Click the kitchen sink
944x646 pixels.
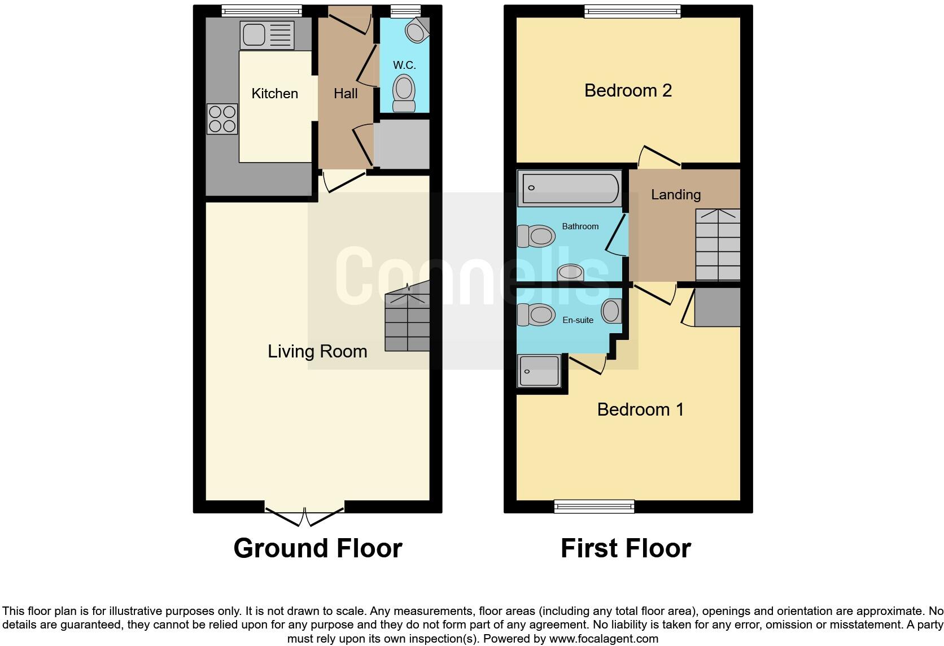(x=267, y=35)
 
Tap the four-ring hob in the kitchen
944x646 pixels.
(x=222, y=119)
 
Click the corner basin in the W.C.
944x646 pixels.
(x=417, y=30)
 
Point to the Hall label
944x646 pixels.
(x=346, y=94)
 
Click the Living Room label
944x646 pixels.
(x=317, y=351)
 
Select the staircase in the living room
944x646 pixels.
(x=407, y=322)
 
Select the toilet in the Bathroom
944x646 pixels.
(x=535, y=236)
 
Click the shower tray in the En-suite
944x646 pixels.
(x=540, y=371)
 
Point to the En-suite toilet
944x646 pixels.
(x=535, y=315)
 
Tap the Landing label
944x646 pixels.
(x=676, y=195)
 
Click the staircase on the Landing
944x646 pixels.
(x=718, y=245)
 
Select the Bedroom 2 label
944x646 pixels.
(x=628, y=90)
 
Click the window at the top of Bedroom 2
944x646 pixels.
(x=632, y=11)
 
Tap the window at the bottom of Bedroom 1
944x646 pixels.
(x=594, y=507)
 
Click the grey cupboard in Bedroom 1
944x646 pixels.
(x=717, y=307)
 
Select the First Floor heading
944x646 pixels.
(x=626, y=548)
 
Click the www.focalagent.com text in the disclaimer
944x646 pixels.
(x=603, y=639)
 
